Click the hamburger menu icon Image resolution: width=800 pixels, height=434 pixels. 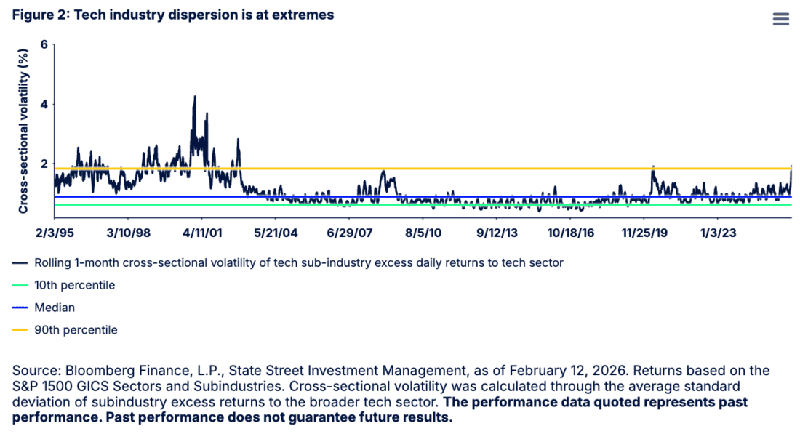click(x=780, y=19)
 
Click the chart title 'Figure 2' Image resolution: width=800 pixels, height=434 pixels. click(x=172, y=15)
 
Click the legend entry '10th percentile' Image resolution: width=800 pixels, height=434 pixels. click(x=74, y=286)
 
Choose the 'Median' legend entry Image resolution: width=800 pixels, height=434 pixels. click(x=55, y=308)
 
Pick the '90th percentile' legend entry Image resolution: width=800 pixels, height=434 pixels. click(x=76, y=330)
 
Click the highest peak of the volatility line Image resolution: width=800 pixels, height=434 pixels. click(x=194, y=97)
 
